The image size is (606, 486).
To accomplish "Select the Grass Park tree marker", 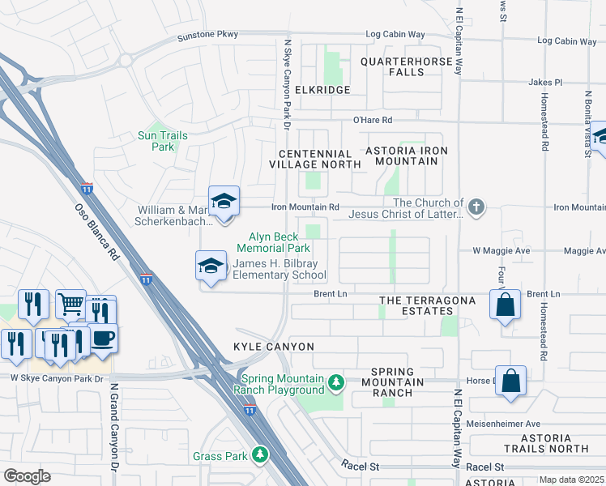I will click(260, 456).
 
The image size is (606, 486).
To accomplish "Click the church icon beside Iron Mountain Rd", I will click(476, 207).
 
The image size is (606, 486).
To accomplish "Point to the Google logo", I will click(27, 476).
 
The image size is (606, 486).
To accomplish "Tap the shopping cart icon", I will click(70, 305).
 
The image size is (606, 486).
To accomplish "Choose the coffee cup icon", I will click(102, 338).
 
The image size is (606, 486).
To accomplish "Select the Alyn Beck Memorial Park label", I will click(274, 242).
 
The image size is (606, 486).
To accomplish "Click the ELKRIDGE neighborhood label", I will click(322, 90).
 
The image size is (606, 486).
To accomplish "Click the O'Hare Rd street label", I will click(372, 120).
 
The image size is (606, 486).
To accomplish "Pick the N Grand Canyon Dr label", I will click(114, 429).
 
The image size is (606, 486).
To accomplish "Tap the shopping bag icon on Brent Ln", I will click(505, 305).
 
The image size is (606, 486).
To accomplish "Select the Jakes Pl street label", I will click(544, 82).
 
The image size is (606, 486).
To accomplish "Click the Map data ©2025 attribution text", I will click(570, 480).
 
